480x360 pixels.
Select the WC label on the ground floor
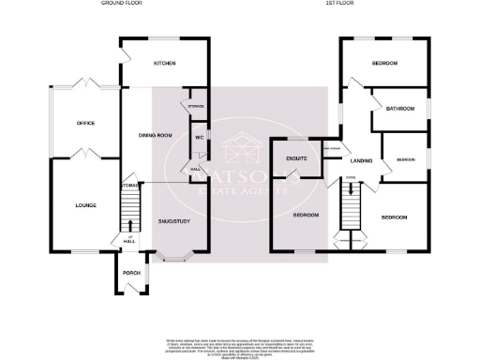199,138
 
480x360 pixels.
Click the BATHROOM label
400,109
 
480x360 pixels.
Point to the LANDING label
362,161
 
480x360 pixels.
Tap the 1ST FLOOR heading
340,5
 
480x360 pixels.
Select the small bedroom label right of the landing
404,159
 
